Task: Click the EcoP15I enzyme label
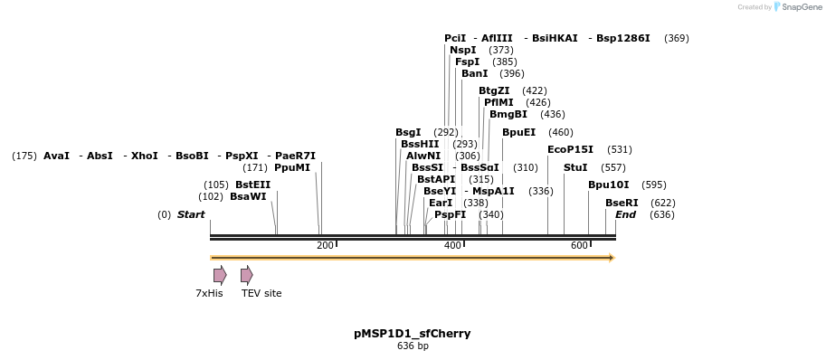(x=571, y=150)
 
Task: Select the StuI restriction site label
(x=575, y=168)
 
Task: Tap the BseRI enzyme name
(x=622, y=204)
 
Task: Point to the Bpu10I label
(x=608, y=185)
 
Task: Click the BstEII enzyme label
(x=252, y=185)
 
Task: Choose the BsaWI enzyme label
(x=248, y=197)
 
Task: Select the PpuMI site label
(x=291, y=168)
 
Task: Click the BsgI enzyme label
(x=408, y=133)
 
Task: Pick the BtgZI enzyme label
(x=494, y=91)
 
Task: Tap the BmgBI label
(x=508, y=115)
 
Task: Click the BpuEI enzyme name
(x=518, y=133)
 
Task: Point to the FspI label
(x=467, y=62)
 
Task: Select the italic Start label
(x=191, y=215)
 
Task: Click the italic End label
(x=625, y=215)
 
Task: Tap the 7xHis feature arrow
(x=220, y=275)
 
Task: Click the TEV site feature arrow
(x=247, y=275)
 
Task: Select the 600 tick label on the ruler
(x=578, y=246)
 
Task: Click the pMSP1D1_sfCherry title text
(x=412, y=334)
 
